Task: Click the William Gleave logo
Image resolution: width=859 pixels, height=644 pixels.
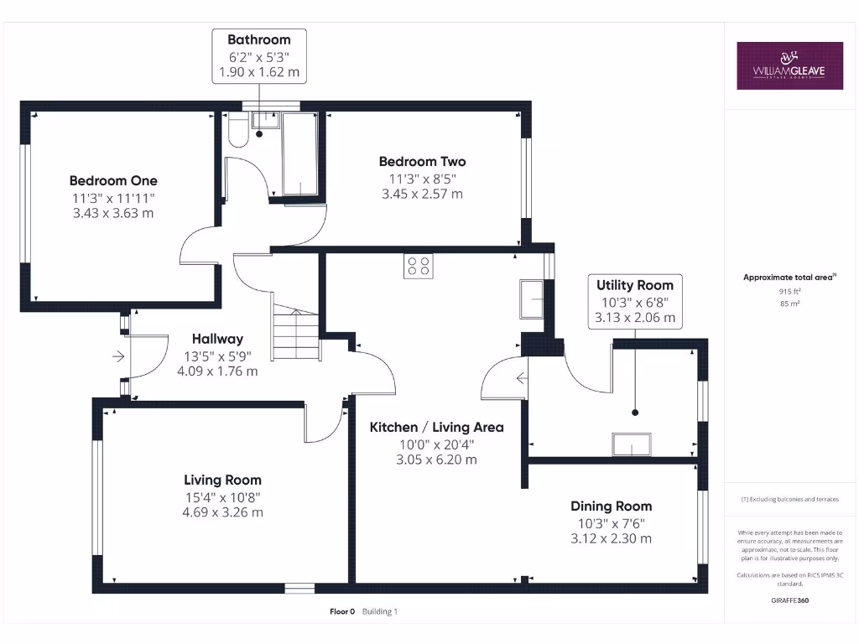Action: pyautogui.click(x=789, y=65)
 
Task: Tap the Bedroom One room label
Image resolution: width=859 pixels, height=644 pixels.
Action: pyautogui.click(x=112, y=180)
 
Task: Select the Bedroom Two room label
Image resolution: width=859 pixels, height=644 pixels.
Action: pyautogui.click(x=422, y=161)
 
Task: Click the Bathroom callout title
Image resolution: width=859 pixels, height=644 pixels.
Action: pyautogui.click(x=258, y=39)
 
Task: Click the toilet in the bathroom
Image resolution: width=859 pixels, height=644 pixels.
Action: pyautogui.click(x=238, y=132)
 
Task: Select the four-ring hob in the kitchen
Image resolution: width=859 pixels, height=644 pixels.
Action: pyautogui.click(x=419, y=266)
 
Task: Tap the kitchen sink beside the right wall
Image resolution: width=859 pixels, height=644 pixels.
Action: pyautogui.click(x=532, y=299)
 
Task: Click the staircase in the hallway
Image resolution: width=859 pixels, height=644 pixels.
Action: pyautogui.click(x=295, y=335)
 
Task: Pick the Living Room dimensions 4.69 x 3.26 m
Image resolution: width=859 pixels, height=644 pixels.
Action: pyautogui.click(x=222, y=512)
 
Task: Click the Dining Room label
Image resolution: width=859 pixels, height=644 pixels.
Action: pyautogui.click(x=611, y=506)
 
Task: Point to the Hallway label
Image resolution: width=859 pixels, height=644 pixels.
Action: pyautogui.click(x=217, y=339)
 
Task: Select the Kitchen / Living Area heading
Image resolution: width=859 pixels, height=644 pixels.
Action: pyautogui.click(x=436, y=427)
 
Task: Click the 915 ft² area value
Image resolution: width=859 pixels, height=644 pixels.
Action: pyautogui.click(x=789, y=291)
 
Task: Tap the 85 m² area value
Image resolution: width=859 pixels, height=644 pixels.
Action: pyautogui.click(x=789, y=304)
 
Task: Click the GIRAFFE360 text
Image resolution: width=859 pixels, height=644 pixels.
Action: pyautogui.click(x=789, y=600)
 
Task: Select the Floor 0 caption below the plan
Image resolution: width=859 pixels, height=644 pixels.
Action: pyautogui.click(x=342, y=611)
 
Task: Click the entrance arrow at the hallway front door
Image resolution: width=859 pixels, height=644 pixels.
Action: pyautogui.click(x=118, y=356)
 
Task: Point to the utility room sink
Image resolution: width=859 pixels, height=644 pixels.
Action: pyautogui.click(x=632, y=444)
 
